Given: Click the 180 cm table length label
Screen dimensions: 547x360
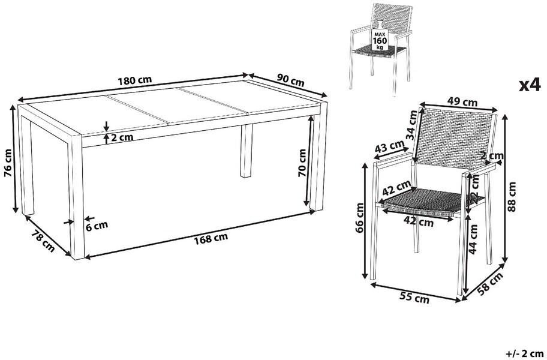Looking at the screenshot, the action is (135, 80).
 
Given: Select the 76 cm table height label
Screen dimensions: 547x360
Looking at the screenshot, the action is (8, 164).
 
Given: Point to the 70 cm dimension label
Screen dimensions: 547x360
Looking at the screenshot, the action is (302, 163).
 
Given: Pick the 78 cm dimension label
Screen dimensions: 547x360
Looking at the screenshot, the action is (43, 241).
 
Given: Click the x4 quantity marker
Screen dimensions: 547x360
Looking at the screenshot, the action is (530, 85).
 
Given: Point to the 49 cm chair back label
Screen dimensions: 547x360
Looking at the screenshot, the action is (462, 103).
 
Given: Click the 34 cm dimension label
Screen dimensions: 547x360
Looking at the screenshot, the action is (413, 125).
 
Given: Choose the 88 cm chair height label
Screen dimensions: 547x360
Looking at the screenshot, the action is (512, 197).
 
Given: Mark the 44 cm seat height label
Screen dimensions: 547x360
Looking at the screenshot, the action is (473, 239).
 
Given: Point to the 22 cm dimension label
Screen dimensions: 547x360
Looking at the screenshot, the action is (474, 188).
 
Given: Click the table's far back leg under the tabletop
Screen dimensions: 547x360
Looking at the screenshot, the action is (247, 151).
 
